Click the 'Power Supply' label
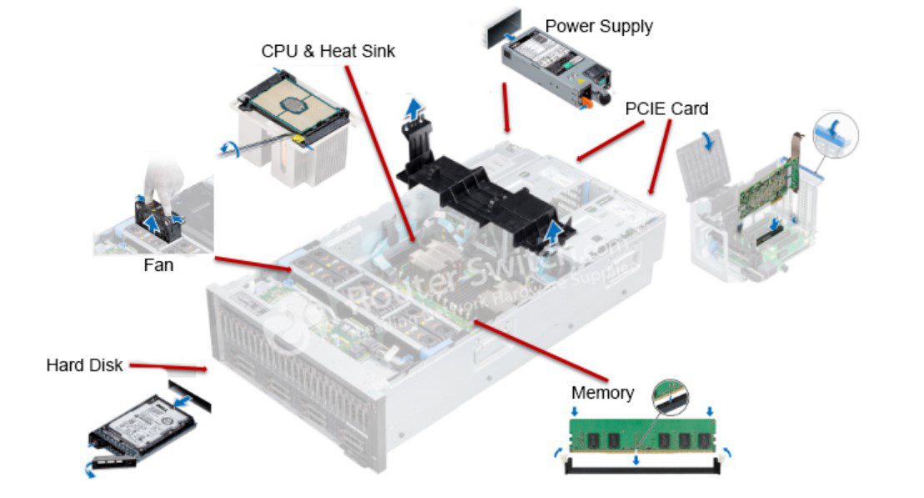[x=599, y=26]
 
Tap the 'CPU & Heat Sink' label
[x=328, y=52]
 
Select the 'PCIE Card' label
[x=667, y=108]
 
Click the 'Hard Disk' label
[x=84, y=365]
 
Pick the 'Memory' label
[x=602, y=392]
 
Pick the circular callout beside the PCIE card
[x=835, y=133]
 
